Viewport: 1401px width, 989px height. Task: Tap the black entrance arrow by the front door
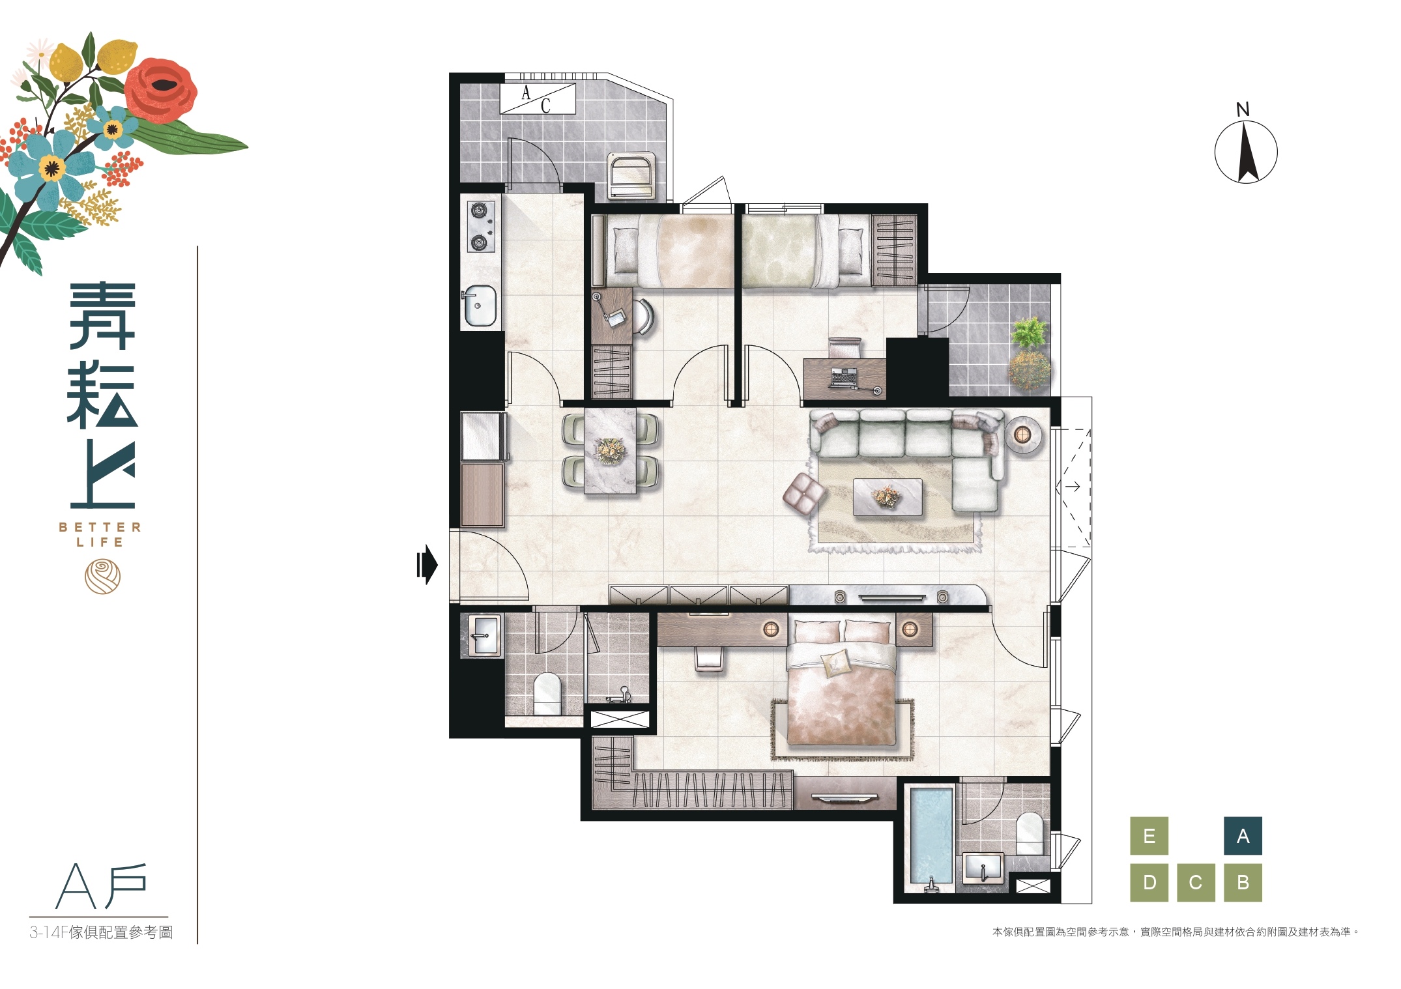click(x=427, y=564)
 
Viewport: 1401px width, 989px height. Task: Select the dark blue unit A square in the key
click(x=1243, y=836)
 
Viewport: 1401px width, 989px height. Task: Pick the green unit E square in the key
click(x=1149, y=836)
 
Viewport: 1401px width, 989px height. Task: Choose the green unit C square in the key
click(x=1196, y=883)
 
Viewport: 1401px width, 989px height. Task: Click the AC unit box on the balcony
click(x=538, y=98)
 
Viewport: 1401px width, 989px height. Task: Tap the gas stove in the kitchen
click(x=480, y=226)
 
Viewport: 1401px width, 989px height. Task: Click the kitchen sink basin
click(x=480, y=305)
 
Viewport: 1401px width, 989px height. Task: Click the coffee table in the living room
click(x=888, y=498)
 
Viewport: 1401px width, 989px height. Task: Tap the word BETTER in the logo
click(x=100, y=527)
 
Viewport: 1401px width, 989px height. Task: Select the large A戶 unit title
click(x=101, y=886)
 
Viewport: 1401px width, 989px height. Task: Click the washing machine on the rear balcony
click(x=631, y=175)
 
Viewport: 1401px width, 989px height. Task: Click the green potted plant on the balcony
click(x=1030, y=333)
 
